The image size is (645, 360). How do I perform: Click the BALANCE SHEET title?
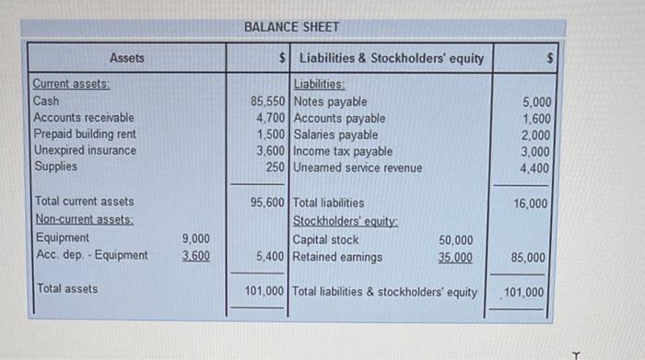pyautogui.click(x=292, y=28)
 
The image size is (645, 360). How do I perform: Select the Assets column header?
pyautogui.click(x=127, y=58)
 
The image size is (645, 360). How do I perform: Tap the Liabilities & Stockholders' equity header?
pyautogui.click(x=392, y=58)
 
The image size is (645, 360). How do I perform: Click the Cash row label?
pyautogui.click(x=46, y=101)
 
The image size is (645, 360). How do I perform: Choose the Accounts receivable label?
pyautogui.click(x=83, y=118)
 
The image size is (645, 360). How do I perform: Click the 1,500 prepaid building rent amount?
pyautogui.click(x=271, y=134)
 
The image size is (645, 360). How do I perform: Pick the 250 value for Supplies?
pyautogui.click(x=275, y=168)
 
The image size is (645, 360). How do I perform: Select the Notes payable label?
pyautogui.click(x=329, y=101)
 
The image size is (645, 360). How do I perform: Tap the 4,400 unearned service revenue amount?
pyautogui.click(x=536, y=168)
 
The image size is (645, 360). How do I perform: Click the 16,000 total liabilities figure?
pyautogui.click(x=530, y=203)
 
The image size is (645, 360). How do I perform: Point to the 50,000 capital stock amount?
pyautogui.click(x=457, y=240)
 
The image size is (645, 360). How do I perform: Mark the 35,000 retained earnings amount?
pyautogui.click(x=457, y=258)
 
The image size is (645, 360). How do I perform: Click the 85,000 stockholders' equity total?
pyautogui.click(x=530, y=258)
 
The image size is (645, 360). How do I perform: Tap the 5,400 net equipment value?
pyautogui.click(x=271, y=257)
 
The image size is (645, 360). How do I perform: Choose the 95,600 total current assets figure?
pyautogui.click(x=267, y=202)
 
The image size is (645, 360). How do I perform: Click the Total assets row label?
pyautogui.click(x=67, y=288)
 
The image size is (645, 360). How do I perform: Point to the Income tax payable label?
pyautogui.click(x=343, y=151)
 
